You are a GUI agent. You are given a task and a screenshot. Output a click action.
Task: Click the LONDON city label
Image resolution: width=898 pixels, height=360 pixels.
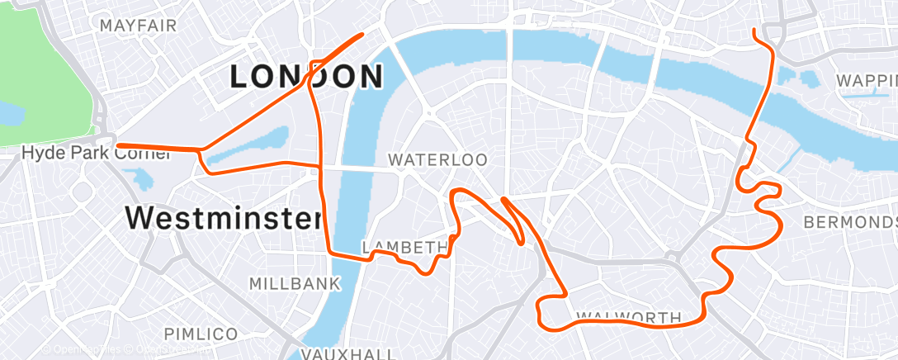[x=306, y=77]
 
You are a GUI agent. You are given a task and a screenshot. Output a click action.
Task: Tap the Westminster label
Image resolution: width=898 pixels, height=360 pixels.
[x=223, y=218]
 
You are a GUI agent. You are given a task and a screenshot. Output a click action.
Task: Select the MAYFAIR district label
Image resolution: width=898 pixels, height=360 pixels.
[x=138, y=26]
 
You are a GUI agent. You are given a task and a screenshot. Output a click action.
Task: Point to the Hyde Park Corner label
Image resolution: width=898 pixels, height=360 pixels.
[x=69, y=154]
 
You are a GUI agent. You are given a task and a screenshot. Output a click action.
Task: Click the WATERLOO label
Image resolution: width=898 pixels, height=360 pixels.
[x=437, y=159]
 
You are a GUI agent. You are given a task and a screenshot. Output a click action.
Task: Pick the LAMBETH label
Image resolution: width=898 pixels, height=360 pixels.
[x=404, y=248]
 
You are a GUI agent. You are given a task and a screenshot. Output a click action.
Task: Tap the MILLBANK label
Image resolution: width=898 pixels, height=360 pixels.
[x=295, y=284]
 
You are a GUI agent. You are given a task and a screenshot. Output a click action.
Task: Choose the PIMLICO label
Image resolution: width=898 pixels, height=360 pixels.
[x=201, y=334]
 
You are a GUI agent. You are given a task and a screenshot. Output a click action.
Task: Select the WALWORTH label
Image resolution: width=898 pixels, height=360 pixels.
[x=628, y=317]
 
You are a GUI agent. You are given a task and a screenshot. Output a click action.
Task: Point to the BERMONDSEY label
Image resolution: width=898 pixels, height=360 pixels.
[x=850, y=223]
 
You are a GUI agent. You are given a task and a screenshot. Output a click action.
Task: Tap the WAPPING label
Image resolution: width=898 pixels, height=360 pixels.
[x=867, y=81]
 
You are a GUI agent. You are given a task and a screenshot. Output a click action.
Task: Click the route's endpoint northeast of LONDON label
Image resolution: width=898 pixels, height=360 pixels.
[x=362, y=35]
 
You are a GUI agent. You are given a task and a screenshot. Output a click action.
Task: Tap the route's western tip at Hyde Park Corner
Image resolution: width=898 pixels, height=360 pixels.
[x=116, y=146]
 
